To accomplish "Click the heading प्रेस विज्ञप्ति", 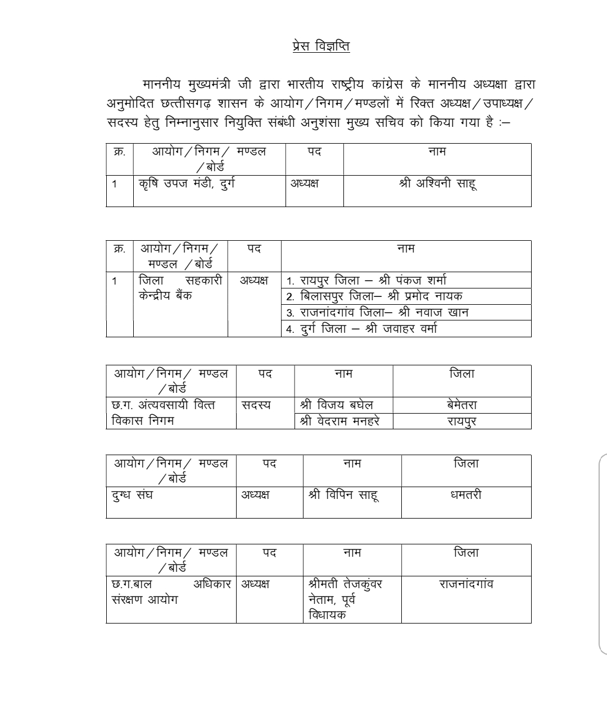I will [x=321, y=47].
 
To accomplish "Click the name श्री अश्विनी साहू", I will [x=437, y=184].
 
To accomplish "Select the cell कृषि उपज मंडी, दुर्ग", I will [x=187, y=184].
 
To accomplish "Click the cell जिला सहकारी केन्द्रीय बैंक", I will [x=180, y=288].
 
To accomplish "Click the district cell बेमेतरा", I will [x=462, y=405].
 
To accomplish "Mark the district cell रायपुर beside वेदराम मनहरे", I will [x=462, y=421].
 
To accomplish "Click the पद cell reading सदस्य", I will [x=256, y=405].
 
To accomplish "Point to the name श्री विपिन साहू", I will [x=343, y=495].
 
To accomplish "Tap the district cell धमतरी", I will [x=466, y=495].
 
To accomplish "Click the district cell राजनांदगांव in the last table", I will [x=466, y=584].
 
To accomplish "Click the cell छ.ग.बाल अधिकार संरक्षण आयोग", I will [x=171, y=592].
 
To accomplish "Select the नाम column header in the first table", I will [x=437, y=151].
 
